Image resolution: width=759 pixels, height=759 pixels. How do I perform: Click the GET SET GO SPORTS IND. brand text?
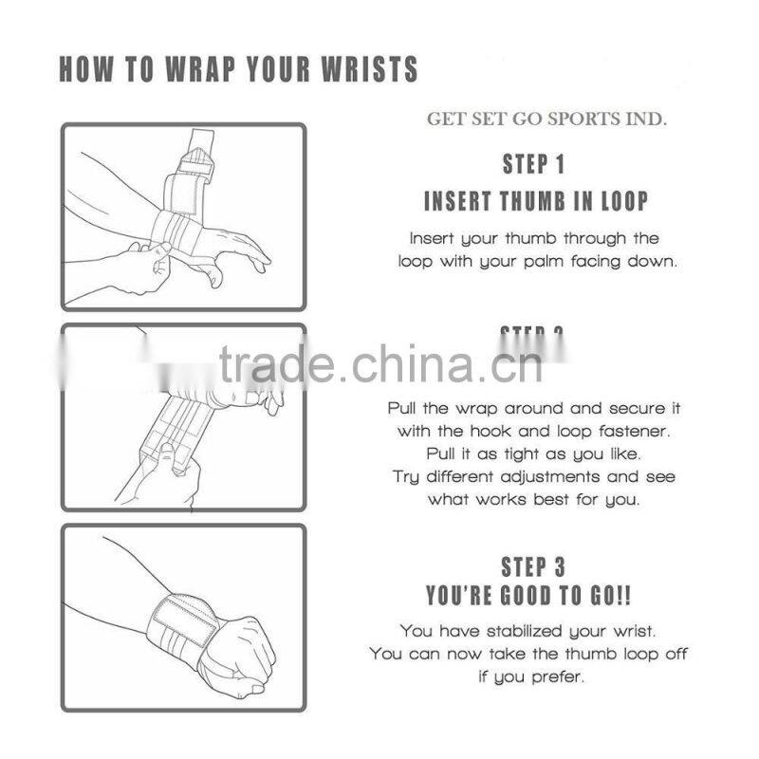click(x=546, y=120)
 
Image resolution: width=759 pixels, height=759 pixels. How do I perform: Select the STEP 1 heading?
click(x=533, y=164)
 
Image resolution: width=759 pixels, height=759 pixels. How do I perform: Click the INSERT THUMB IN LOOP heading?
click(x=536, y=201)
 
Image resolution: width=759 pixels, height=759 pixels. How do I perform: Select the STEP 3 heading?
click(x=533, y=567)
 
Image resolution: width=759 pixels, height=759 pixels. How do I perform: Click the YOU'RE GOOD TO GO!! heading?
click(x=529, y=596)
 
